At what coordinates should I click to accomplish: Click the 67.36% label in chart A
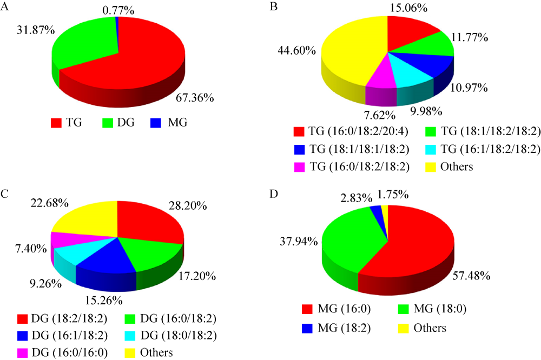point(196,99)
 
